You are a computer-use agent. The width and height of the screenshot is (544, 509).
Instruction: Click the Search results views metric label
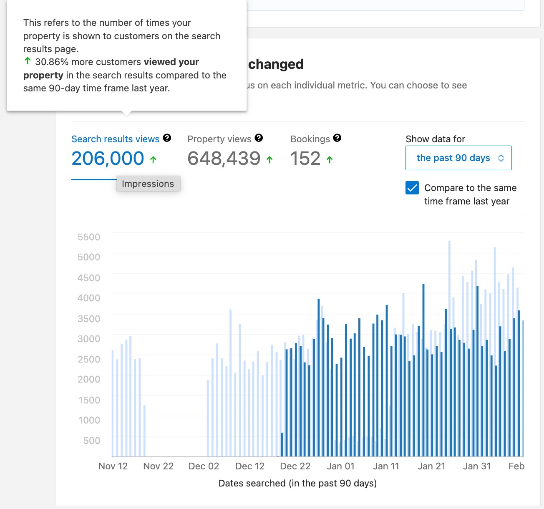[115, 139]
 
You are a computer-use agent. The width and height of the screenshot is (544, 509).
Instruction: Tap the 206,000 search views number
[108, 159]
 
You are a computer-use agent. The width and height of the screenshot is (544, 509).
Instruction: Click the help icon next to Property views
[259, 138]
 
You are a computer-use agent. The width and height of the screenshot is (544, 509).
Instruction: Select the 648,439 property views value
[224, 159]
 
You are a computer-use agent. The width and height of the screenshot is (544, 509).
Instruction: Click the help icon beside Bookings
[337, 138]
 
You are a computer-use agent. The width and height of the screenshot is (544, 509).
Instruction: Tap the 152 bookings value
[305, 159]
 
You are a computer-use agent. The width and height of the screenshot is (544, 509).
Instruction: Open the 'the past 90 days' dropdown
[458, 158]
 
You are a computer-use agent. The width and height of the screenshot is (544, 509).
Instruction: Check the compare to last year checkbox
[412, 188]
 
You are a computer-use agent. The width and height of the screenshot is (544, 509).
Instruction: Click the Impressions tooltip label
[148, 184]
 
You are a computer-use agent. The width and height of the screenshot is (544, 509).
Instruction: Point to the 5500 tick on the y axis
[89, 237]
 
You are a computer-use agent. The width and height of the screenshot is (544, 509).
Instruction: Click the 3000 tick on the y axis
[89, 339]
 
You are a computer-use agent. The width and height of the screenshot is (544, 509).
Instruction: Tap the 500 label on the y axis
[91, 441]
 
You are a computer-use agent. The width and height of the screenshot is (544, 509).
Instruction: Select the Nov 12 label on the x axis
[113, 466]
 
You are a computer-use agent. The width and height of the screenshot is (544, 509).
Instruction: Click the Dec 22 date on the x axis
[295, 466]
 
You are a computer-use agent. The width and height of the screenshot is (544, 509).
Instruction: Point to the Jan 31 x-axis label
[477, 466]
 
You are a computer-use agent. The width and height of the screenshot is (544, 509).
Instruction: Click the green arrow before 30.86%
[28, 61]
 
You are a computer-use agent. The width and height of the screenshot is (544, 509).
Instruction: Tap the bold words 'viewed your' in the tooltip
[171, 62]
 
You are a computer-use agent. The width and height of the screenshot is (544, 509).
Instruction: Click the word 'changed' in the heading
[276, 64]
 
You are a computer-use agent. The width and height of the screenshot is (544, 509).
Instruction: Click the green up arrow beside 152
[330, 159]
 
